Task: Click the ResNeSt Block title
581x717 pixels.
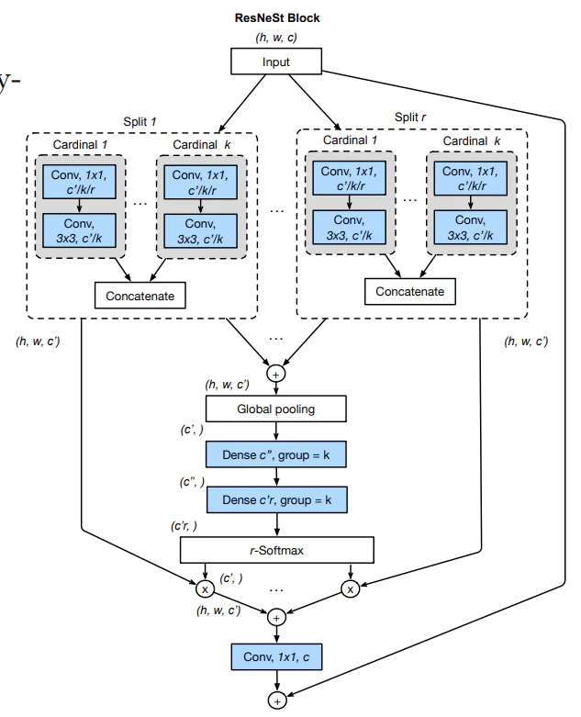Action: tap(277, 17)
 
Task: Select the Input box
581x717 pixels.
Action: tap(276, 62)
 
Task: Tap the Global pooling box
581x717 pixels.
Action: tap(276, 409)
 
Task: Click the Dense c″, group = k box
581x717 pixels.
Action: tap(276, 454)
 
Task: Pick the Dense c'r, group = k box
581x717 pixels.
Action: tap(277, 499)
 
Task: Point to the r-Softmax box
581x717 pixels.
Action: tap(277, 550)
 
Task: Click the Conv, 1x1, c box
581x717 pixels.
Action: tap(276, 657)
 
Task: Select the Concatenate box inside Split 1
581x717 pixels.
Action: tap(140, 296)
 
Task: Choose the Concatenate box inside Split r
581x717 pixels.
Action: tap(410, 292)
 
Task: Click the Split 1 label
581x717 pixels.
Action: tap(140, 121)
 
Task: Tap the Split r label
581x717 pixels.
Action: tap(410, 118)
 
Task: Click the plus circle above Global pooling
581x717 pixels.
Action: tap(276, 375)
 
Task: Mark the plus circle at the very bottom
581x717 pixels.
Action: tap(277, 700)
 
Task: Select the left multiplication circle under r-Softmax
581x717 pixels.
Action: tap(205, 589)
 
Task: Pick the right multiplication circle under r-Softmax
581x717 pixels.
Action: tap(350, 589)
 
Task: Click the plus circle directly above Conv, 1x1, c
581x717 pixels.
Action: tap(276, 618)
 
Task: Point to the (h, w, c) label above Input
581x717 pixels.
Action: tap(276, 37)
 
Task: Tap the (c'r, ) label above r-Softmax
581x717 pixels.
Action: tap(184, 526)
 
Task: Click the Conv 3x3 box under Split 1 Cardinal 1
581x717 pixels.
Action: tap(79, 231)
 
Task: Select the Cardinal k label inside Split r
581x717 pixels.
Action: tap(472, 140)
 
